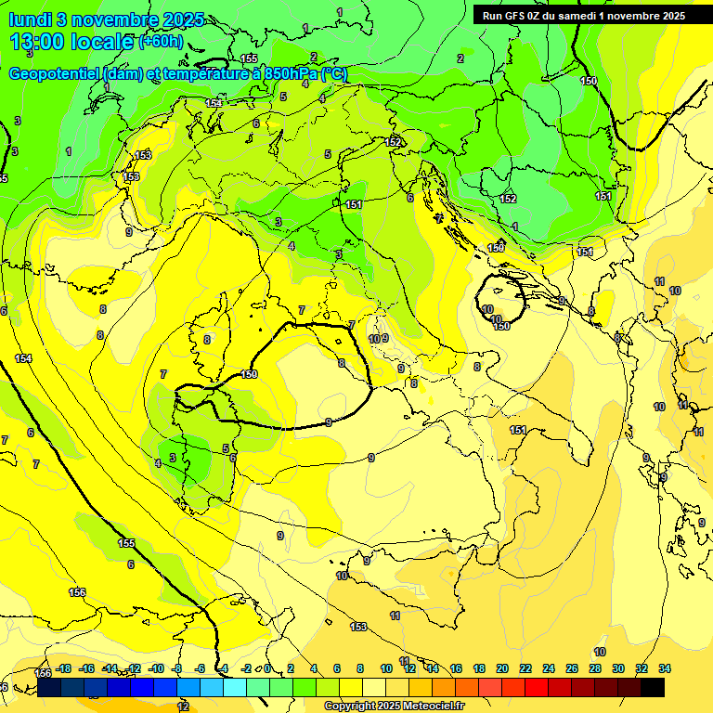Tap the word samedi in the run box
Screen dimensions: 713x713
tap(575, 16)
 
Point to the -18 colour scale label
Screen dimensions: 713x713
tap(63, 668)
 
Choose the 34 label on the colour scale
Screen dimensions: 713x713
tap(665, 668)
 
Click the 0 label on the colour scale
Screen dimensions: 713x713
tap(267, 668)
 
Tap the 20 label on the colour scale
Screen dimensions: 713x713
tap(502, 668)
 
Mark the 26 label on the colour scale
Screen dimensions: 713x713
tap(571, 668)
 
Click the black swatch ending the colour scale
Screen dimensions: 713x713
tap(653, 687)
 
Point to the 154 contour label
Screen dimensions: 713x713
tap(23, 358)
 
